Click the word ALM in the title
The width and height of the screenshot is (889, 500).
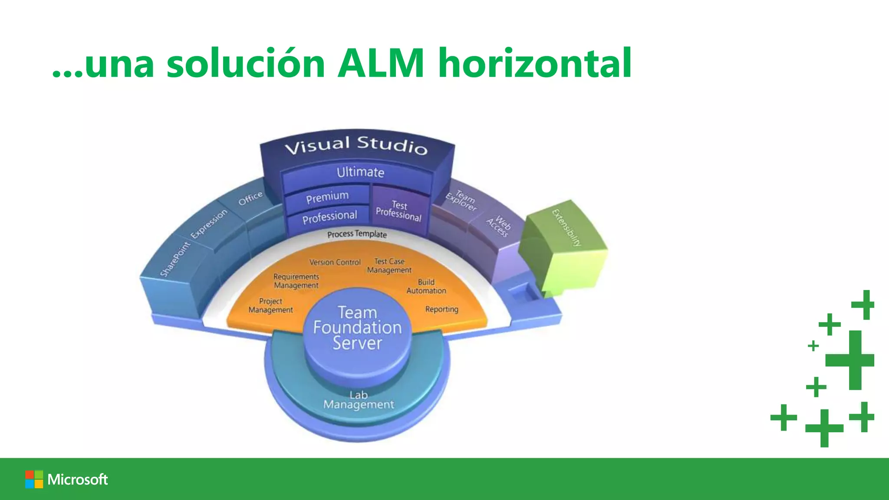tap(381, 63)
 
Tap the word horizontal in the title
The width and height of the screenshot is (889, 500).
tap(535, 63)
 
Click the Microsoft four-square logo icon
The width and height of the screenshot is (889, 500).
tap(34, 479)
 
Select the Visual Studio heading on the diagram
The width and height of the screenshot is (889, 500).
tap(356, 145)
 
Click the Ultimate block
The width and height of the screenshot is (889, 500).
tap(360, 172)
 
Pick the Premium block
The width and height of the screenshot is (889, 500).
tap(327, 197)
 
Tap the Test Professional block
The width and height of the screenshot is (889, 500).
tap(399, 211)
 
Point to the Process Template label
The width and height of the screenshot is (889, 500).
tap(357, 234)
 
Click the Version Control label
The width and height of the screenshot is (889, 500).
tap(335, 262)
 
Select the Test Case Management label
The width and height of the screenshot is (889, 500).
tap(389, 266)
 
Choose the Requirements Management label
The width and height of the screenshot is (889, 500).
tap(296, 281)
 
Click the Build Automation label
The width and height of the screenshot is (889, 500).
tap(426, 286)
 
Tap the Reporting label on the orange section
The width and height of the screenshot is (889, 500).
tap(441, 309)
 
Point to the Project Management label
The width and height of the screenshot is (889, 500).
tap(270, 306)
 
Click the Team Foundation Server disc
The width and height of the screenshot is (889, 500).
tap(357, 328)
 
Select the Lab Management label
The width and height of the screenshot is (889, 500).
tap(359, 400)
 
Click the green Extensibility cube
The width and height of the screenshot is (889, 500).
tap(564, 247)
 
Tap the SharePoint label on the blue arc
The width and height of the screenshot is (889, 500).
tap(175, 259)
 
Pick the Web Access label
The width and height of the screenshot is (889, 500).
tap(499, 227)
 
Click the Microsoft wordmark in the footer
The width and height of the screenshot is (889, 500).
tap(78, 479)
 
